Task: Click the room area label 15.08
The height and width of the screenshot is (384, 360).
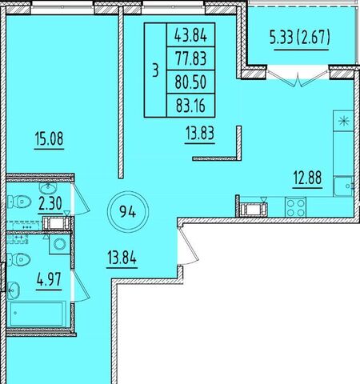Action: tap(50, 139)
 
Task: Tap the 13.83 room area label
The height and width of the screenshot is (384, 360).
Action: tap(200, 133)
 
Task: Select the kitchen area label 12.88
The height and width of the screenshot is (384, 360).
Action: tap(307, 178)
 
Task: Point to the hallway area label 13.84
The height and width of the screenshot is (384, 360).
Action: tap(122, 258)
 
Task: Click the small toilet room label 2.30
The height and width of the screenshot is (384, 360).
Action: tap(50, 203)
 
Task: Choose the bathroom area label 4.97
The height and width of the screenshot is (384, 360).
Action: tap(49, 279)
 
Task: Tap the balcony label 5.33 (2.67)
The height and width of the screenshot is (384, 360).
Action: tap(300, 38)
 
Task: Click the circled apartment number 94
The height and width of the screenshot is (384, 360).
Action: tap(128, 212)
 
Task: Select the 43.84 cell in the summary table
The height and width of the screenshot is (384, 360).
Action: tap(190, 35)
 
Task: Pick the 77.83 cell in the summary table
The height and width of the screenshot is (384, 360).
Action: tap(190, 58)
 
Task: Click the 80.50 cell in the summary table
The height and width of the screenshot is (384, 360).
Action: tap(190, 82)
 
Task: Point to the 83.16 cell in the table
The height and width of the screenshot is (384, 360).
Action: tap(190, 106)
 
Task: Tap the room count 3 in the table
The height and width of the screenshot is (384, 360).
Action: tap(155, 71)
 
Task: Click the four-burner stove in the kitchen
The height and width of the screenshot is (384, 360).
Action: tap(295, 207)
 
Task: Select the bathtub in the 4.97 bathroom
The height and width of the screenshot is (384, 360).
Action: tap(38, 314)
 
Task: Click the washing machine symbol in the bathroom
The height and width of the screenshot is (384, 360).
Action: tap(60, 244)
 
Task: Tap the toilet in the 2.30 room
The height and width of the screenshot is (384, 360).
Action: tap(19, 202)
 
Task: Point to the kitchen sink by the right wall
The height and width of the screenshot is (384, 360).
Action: tap(343, 186)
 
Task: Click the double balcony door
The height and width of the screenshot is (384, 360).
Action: tap(298, 78)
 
